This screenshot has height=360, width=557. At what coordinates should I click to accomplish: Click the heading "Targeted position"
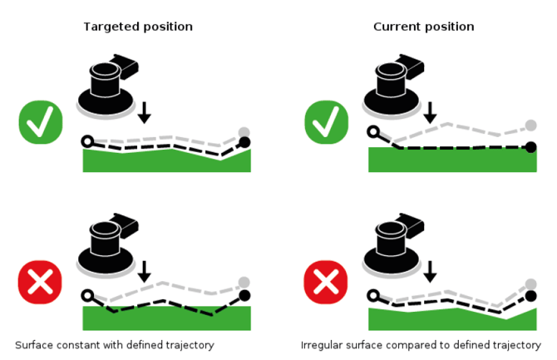click(138, 27)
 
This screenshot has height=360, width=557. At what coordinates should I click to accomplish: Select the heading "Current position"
click(423, 27)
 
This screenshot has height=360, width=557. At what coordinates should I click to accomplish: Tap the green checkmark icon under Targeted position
click(41, 123)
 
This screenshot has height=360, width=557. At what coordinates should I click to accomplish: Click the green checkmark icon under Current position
click(327, 123)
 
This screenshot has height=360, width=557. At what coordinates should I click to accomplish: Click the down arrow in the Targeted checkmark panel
click(145, 112)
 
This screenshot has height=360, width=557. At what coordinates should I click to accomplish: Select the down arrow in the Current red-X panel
click(430, 271)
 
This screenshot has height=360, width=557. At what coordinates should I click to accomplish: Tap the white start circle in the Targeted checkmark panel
click(87, 141)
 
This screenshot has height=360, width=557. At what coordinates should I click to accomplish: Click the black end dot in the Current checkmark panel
click(530, 147)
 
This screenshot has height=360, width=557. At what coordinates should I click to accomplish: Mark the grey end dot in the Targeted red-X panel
click(244, 283)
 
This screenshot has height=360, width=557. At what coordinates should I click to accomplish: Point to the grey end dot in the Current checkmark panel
click(530, 126)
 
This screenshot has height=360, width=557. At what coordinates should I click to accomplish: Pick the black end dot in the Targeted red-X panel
click(244, 295)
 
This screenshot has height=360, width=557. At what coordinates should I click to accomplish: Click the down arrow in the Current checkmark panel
click(430, 112)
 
